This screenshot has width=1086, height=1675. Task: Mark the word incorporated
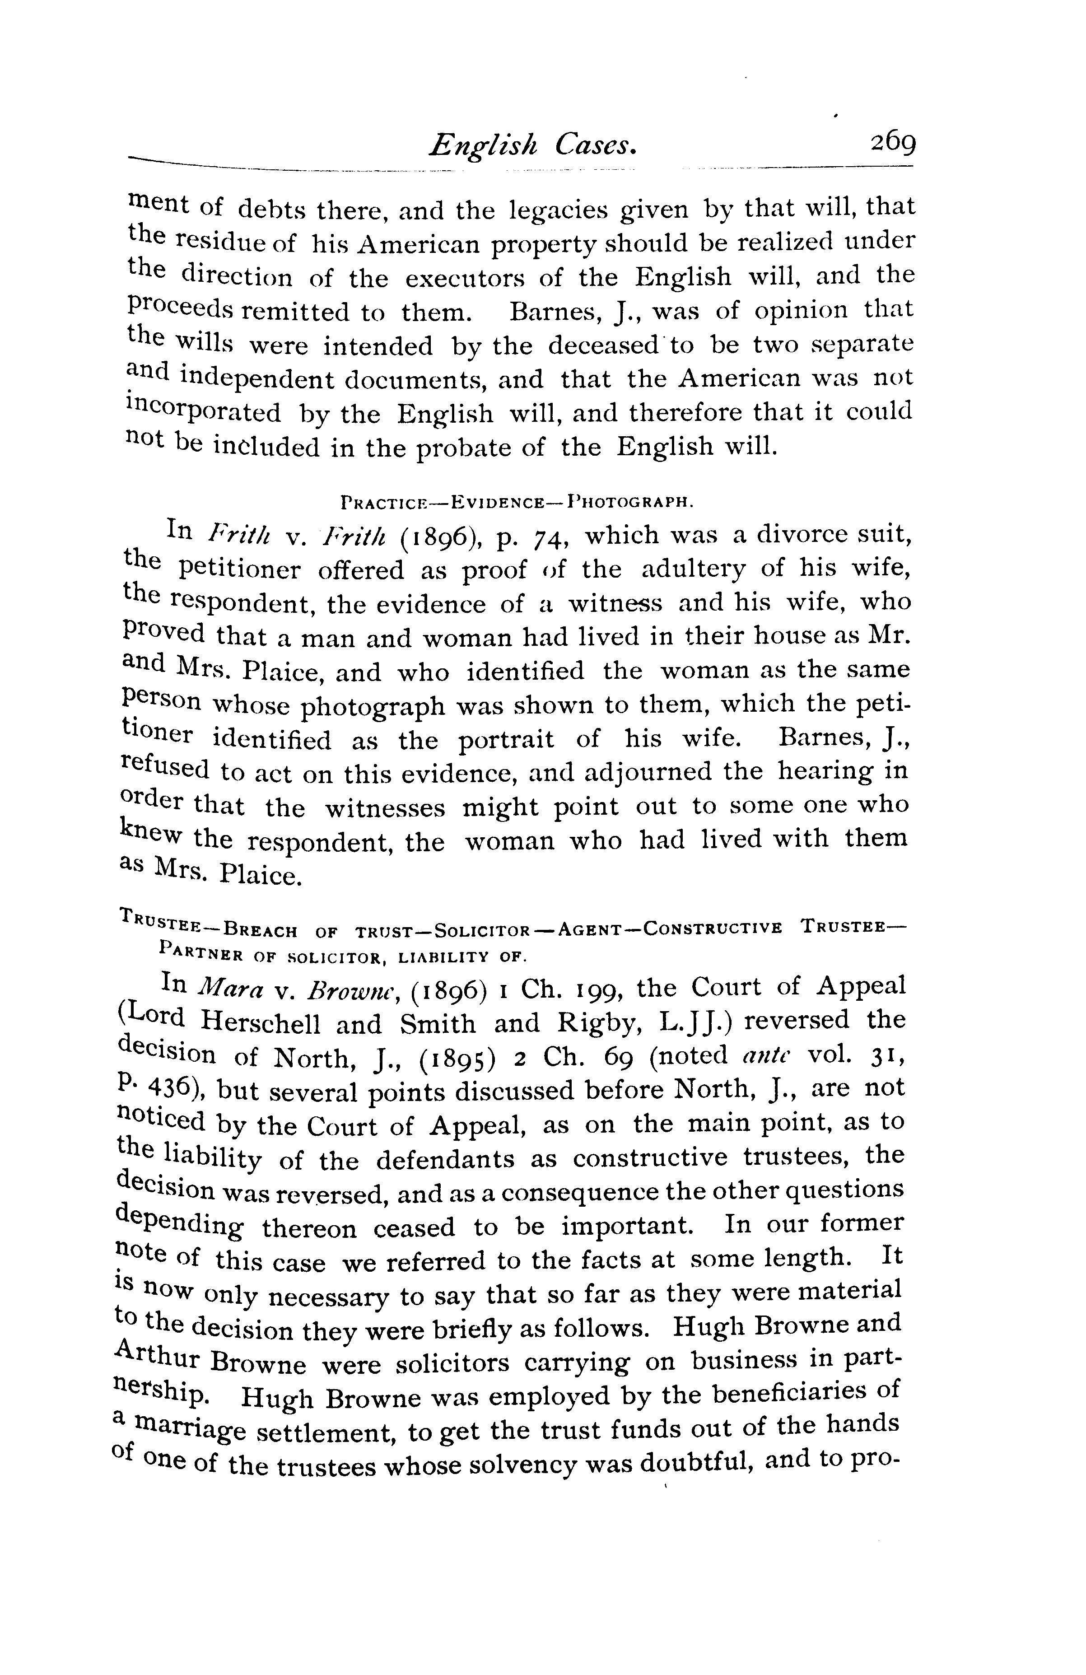point(203,412)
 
